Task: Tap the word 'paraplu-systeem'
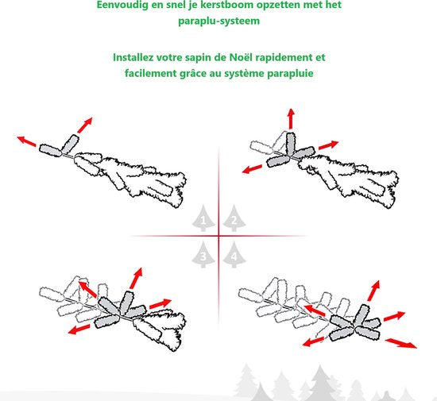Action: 218,21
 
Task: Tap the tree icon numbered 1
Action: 203,218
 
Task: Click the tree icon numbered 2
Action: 234,218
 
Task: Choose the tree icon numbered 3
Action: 203,255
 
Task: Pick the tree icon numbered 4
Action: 234,255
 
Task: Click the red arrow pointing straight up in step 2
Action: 291,119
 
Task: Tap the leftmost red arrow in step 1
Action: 26,141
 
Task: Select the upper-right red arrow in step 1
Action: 85,125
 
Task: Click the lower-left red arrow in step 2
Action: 252,169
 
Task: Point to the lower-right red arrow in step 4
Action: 401,343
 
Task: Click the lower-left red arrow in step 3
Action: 79,330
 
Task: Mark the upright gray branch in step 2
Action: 290,144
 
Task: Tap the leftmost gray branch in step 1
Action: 50,150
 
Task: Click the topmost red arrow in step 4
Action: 373,291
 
